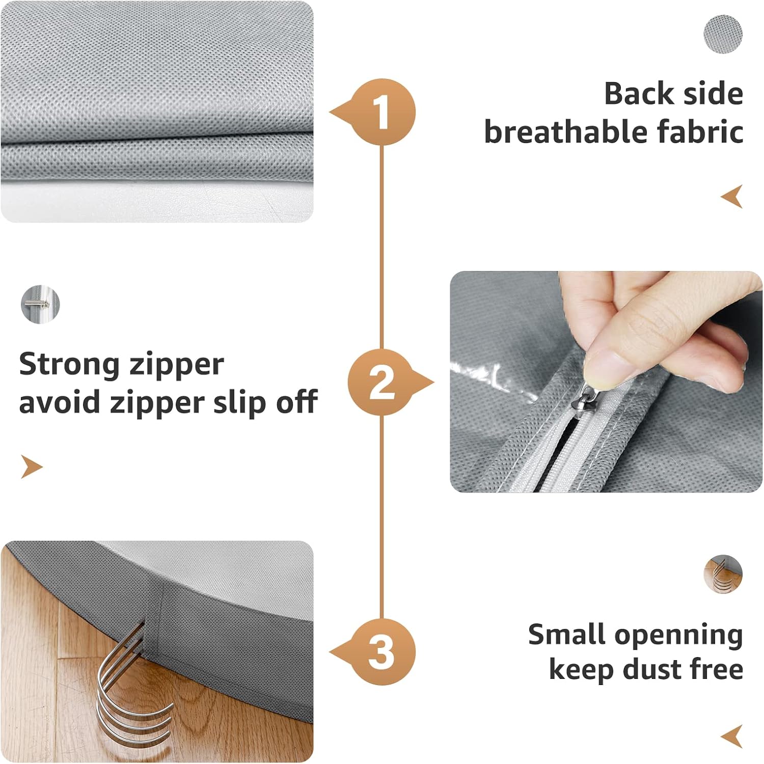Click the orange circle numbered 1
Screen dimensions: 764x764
[x=382, y=112]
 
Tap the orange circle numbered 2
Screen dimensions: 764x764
[x=382, y=382]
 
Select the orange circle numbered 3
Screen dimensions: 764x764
[x=382, y=652]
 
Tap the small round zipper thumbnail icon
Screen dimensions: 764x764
[x=40, y=305]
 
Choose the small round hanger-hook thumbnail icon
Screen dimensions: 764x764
[x=723, y=574]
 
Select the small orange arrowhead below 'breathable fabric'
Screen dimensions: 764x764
[x=732, y=197]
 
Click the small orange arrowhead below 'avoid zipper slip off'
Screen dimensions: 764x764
[x=31, y=467]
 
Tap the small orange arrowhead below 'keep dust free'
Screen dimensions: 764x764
[x=732, y=736]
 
